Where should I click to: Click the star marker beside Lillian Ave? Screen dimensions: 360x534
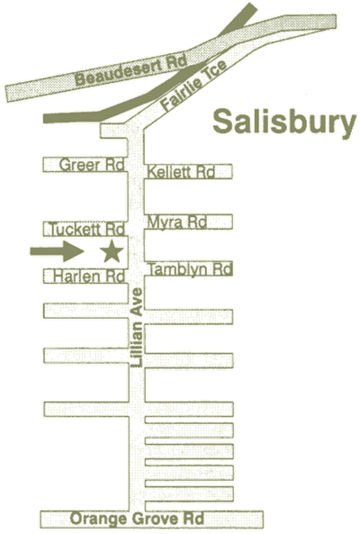[x=112, y=251]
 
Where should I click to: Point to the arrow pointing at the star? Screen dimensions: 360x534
[x=58, y=251]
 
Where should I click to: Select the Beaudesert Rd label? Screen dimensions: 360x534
[x=131, y=70]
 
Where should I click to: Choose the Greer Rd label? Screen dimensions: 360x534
[x=92, y=165]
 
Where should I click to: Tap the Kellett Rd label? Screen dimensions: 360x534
[x=181, y=172]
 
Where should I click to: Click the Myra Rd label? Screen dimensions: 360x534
[x=177, y=222]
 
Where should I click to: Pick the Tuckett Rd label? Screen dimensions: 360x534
[x=87, y=230]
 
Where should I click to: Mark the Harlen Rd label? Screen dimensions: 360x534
[x=89, y=276]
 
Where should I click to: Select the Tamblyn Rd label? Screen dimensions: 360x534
[x=190, y=270]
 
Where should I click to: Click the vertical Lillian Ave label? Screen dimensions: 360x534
[x=137, y=327]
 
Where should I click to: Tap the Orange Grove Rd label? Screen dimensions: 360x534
[x=137, y=519]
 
